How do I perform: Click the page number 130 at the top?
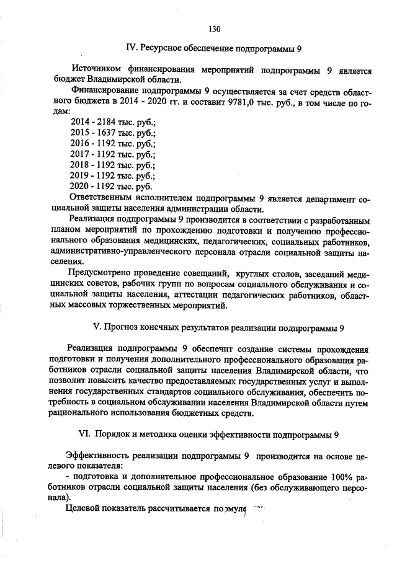pos(215,29)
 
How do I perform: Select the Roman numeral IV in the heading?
pos(131,48)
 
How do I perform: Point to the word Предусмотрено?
pos(104,273)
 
